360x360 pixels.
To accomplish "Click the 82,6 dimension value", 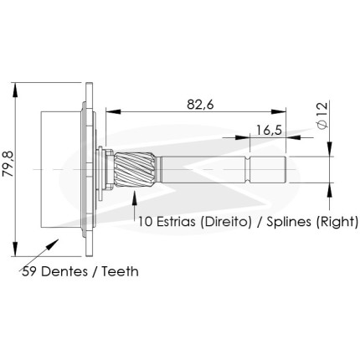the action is click(x=200, y=105).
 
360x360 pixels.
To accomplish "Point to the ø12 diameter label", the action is click(x=322, y=116).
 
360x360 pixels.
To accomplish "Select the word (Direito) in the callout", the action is click(x=226, y=222).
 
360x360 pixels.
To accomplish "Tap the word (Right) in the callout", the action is click(x=337, y=223).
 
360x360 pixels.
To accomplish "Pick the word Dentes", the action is click(x=64, y=271).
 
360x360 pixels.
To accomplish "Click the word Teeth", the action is click(x=120, y=271).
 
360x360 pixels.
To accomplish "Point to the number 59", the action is click(x=29, y=271).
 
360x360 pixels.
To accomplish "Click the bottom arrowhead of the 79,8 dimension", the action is click(x=15, y=249).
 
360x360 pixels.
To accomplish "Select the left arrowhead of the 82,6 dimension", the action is click(x=114, y=111).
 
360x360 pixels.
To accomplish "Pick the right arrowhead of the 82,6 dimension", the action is click(x=279, y=111).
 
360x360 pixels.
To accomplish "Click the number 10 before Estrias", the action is click(x=145, y=222).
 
